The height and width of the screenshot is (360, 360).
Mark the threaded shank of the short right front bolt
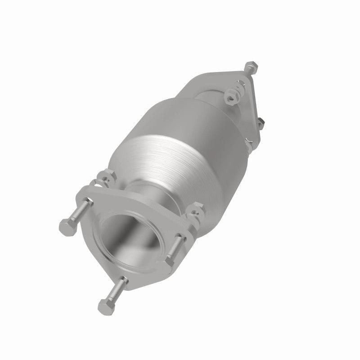(179, 245)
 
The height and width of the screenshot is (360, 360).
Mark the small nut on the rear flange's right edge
(261, 122)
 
